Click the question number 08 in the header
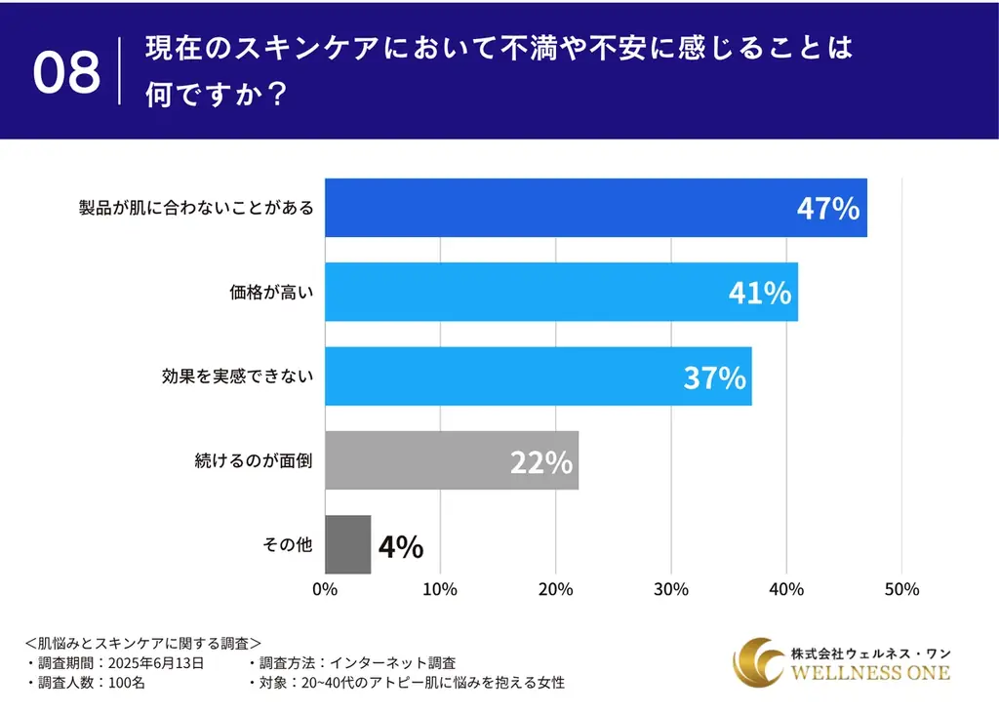pos(66,72)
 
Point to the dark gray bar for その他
pos(347,544)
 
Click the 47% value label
pos(827,209)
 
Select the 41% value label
pos(759,293)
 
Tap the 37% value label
pos(714,377)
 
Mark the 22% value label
pos(540,462)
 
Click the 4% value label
pos(400,547)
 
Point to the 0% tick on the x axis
pos(325,590)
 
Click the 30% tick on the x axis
pos(671,590)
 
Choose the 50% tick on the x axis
pos(901,590)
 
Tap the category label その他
pos(288,544)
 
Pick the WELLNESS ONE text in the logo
pos(870,673)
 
